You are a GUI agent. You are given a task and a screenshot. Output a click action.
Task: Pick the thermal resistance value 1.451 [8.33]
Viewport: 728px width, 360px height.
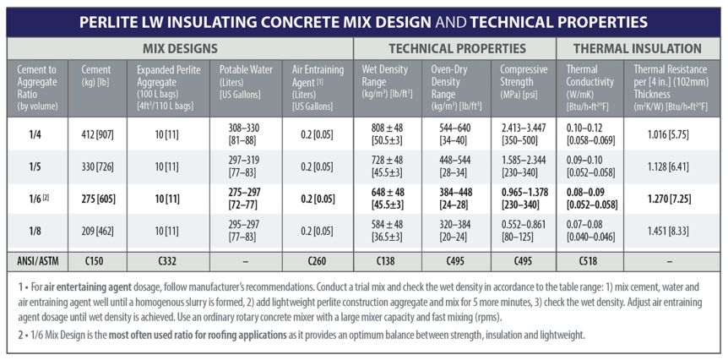pos(671,230)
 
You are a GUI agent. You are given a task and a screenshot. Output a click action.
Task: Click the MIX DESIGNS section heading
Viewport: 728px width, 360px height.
pos(180,49)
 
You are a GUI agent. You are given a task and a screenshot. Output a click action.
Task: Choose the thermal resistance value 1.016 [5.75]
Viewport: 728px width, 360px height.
pos(671,133)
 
